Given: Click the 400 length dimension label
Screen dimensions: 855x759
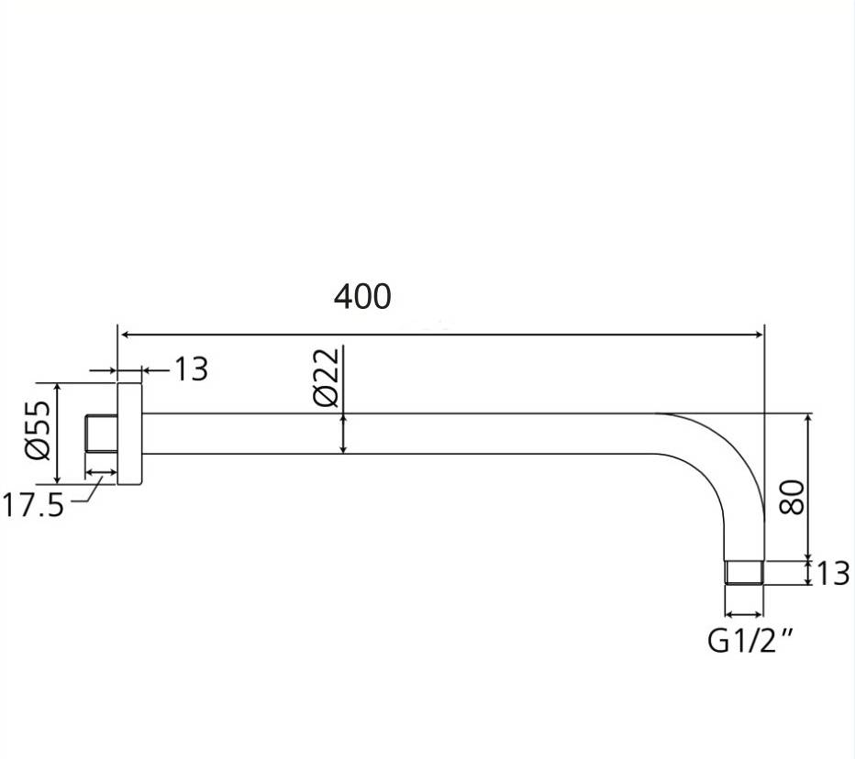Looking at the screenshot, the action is [x=362, y=296].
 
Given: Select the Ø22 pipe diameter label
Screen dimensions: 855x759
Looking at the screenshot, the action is [x=327, y=377].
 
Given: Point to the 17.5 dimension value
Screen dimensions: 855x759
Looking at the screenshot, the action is [x=33, y=504].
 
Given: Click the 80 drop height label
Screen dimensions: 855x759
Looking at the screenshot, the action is [x=792, y=497].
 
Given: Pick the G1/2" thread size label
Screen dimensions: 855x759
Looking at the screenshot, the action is [x=750, y=640].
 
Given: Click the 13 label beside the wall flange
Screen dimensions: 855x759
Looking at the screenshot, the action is [x=191, y=369].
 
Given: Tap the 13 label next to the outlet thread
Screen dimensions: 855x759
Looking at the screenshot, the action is [x=833, y=573].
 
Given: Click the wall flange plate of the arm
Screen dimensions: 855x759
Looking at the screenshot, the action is [x=129, y=434].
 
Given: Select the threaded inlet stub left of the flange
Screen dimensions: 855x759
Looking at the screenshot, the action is [x=102, y=434].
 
